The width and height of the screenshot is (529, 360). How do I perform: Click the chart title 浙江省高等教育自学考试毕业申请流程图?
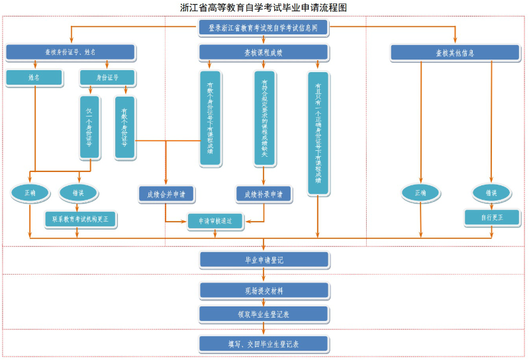[264, 7]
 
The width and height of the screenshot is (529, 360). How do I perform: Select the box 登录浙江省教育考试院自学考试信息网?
[264, 28]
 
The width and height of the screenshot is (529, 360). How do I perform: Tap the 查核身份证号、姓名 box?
[70, 52]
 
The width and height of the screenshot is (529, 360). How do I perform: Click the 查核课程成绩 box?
[264, 52]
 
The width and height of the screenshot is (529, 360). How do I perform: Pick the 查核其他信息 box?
[455, 53]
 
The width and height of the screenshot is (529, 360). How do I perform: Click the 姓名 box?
[34, 77]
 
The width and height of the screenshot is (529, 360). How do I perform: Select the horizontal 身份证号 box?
[107, 77]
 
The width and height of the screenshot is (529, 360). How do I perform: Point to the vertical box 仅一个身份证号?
[89, 128]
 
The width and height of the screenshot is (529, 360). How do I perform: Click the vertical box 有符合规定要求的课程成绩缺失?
[264, 118]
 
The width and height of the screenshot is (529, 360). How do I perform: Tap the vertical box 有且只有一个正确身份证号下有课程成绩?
[318, 133]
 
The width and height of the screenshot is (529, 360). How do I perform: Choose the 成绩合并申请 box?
[166, 194]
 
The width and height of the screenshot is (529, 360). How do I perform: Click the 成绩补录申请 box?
[264, 194]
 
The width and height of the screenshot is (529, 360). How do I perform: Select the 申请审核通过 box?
[215, 221]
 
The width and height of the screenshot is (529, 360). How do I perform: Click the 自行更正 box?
[491, 217]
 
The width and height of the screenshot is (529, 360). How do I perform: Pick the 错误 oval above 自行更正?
[491, 193]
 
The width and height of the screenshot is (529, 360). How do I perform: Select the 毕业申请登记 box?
[264, 260]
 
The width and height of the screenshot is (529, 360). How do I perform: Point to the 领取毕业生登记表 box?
[264, 314]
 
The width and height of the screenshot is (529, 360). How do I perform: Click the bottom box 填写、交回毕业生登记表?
[264, 344]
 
